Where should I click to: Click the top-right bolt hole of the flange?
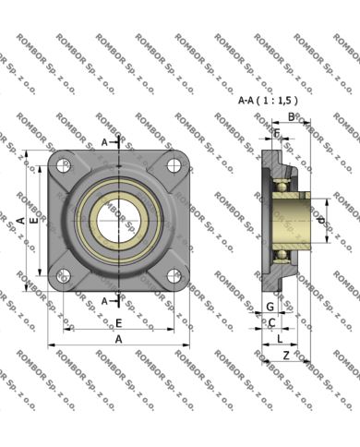(x=172, y=165)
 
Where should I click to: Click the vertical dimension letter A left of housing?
(x=20, y=220)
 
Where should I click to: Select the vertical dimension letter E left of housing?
(x=34, y=222)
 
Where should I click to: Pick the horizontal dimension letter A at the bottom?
(x=118, y=339)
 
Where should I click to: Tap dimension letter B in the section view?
(x=291, y=116)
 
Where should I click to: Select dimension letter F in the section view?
(x=276, y=134)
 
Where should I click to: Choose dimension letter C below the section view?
(x=271, y=322)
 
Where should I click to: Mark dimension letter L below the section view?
(x=279, y=340)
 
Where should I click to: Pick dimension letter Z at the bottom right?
(x=287, y=355)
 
